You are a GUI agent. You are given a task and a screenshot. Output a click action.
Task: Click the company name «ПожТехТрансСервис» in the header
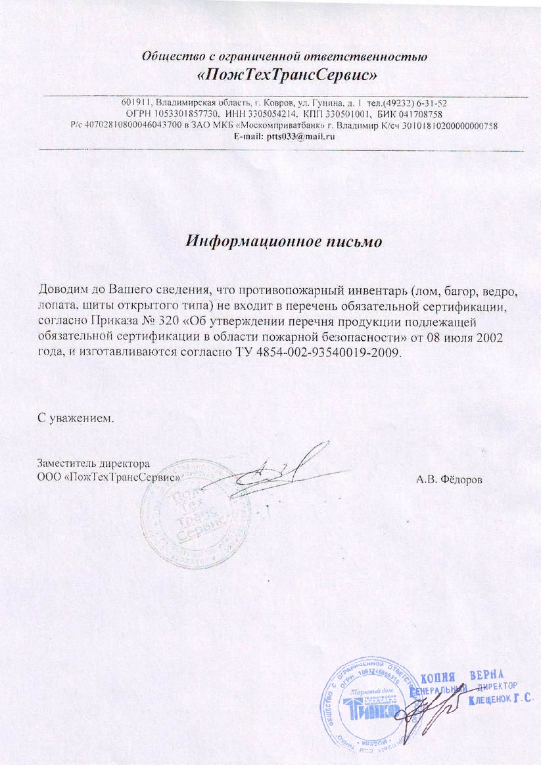[287, 76]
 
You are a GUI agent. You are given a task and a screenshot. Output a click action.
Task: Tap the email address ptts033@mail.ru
[303, 137]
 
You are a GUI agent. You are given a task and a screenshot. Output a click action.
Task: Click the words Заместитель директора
[89, 462]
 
